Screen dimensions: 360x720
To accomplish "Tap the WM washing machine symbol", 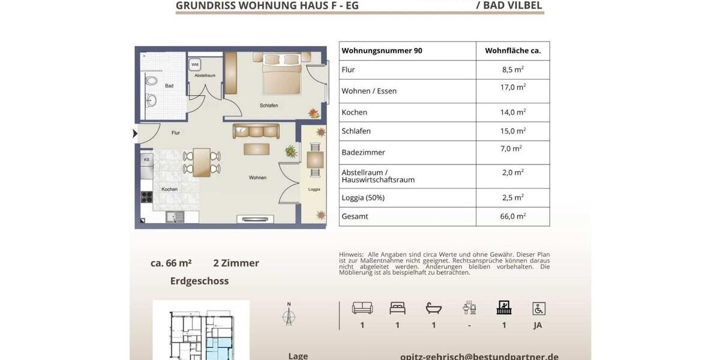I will [x=195, y=64].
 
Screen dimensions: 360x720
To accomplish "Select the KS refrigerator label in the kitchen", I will [x=146, y=160].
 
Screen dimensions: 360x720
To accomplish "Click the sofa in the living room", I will [x=256, y=131].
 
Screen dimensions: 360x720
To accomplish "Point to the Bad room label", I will [x=169, y=86].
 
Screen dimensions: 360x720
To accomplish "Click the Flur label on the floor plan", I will [x=175, y=133].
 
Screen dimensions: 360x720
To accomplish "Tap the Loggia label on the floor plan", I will [x=314, y=189].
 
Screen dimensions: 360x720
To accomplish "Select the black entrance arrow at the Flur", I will [x=135, y=133].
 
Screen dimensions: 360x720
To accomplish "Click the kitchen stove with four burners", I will [x=147, y=197].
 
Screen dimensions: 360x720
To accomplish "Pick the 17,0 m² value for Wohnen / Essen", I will [x=512, y=88].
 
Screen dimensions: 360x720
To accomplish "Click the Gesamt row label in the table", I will [x=355, y=217].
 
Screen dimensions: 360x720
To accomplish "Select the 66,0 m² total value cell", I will [x=513, y=217].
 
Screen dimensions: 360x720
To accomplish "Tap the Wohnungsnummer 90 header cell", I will [x=382, y=51].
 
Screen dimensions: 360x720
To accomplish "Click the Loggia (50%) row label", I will [x=362, y=197].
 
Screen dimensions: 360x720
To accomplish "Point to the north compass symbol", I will [x=289, y=314].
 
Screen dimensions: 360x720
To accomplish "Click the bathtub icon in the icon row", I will [x=433, y=308].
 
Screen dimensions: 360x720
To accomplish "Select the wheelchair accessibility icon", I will [x=539, y=308].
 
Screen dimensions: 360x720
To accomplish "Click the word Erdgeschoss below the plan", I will [x=199, y=281].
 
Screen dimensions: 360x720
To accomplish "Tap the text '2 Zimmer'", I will [x=236, y=263].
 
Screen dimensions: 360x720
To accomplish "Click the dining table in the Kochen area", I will [x=202, y=162].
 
